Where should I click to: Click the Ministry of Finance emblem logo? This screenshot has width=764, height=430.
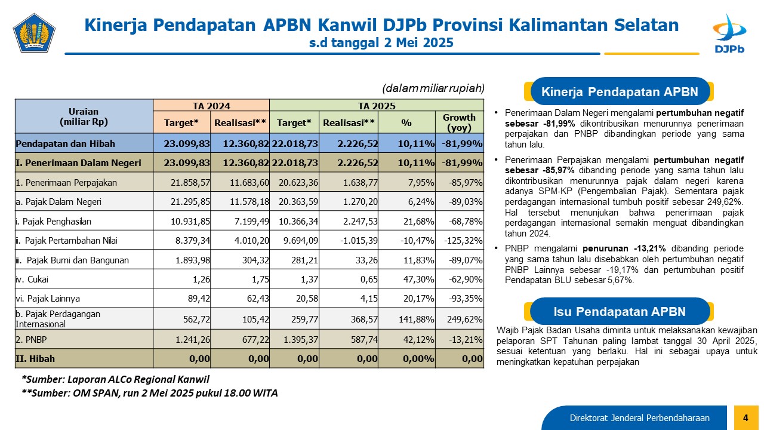click(x=34, y=33)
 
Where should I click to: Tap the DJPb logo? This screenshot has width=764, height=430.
click(x=729, y=33)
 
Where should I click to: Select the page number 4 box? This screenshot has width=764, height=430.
click(x=746, y=417)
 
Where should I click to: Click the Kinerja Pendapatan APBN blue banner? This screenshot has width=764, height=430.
click(x=620, y=91)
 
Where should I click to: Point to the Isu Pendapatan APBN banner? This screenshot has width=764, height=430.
click(x=620, y=311)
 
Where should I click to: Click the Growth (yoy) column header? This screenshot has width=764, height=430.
click(x=459, y=122)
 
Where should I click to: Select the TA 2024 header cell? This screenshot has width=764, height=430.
click(x=211, y=106)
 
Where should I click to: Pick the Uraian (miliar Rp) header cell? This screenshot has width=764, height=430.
click(x=84, y=116)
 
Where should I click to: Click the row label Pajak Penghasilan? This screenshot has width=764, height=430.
click(x=54, y=222)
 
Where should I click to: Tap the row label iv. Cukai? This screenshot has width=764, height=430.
click(x=32, y=279)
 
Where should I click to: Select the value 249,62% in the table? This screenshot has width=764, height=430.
click(x=465, y=320)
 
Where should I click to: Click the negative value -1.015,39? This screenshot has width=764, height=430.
click(x=359, y=241)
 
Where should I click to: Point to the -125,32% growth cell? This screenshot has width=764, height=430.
click(x=463, y=241)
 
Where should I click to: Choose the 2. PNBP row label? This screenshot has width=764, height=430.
click(x=31, y=340)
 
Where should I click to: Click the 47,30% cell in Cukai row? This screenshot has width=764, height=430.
click(x=419, y=279)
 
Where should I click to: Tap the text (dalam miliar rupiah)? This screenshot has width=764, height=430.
click(x=433, y=88)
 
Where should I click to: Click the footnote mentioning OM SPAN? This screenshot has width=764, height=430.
click(x=150, y=393)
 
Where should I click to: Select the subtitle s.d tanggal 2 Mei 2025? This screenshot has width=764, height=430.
click(x=381, y=42)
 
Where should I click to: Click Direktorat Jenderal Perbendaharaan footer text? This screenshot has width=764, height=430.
click(x=639, y=418)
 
